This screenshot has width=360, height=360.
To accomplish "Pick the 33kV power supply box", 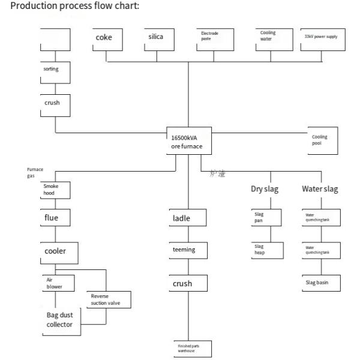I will [324, 40].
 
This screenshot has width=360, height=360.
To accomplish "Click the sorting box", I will [55, 72].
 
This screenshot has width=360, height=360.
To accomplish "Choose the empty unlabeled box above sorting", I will [55, 40].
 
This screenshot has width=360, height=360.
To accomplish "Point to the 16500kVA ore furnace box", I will [188, 142].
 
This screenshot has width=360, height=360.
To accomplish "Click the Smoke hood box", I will [56, 190].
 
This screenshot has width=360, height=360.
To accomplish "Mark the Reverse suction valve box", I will [109, 299].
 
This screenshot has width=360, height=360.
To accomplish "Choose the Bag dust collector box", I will [62, 320].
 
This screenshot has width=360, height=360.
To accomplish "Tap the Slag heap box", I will [265, 250].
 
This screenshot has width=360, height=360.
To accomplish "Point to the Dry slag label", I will [265, 189].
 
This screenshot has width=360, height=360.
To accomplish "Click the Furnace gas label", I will [35, 173].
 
